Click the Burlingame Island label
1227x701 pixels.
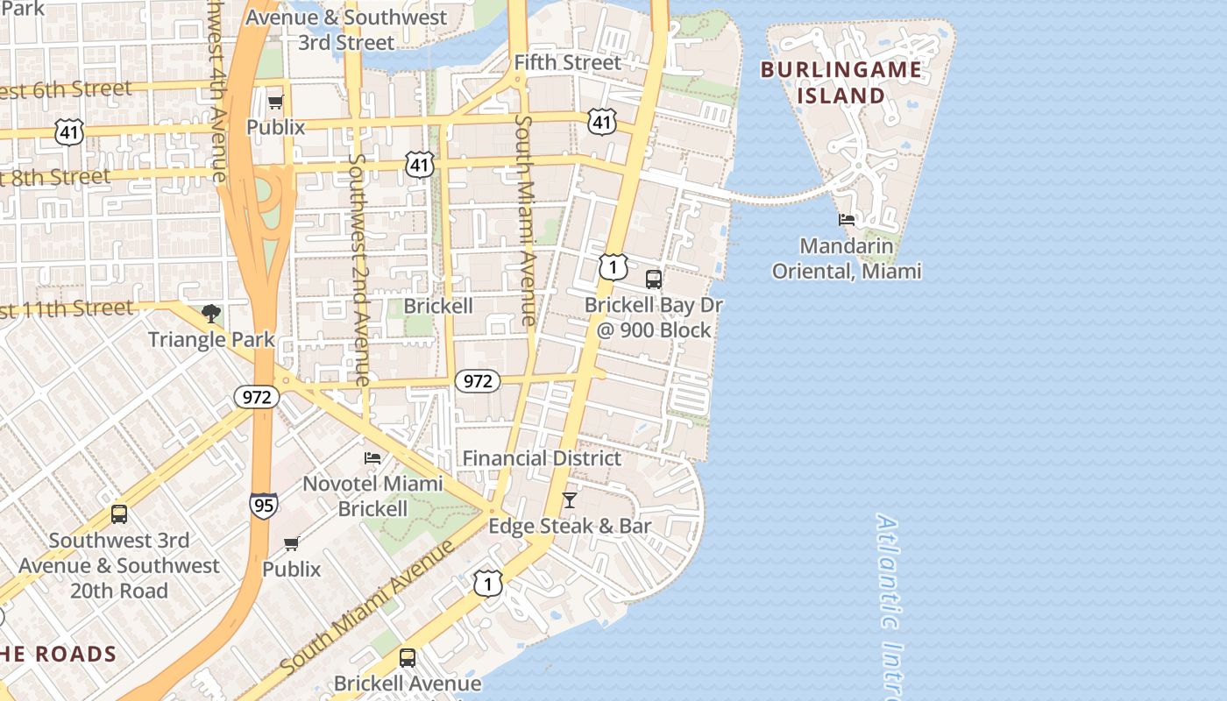pyautogui.click(x=840, y=82)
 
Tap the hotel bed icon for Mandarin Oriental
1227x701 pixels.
pyautogui.click(x=847, y=219)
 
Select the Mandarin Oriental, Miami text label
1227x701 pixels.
pyautogui.click(x=847, y=258)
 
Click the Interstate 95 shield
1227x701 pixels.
pyautogui.click(x=264, y=504)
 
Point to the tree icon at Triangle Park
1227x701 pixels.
pyautogui.click(x=210, y=313)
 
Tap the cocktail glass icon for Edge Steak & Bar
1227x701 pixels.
pyautogui.click(x=570, y=500)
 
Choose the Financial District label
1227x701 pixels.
pyautogui.click(x=542, y=458)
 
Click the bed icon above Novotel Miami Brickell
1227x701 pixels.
pyautogui.click(x=372, y=457)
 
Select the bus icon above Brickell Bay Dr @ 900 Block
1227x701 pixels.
pyautogui.click(x=654, y=280)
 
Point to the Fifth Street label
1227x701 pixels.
pyautogui.click(x=567, y=62)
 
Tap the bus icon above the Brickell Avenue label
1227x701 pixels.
pyautogui.click(x=408, y=657)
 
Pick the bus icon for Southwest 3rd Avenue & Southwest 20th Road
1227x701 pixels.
pyautogui.click(x=119, y=514)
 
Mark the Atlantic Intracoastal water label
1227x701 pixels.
pyautogui.click(x=890, y=605)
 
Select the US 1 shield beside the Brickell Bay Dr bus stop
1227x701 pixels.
pyautogui.click(x=613, y=267)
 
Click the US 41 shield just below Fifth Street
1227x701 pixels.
pyautogui.click(x=601, y=121)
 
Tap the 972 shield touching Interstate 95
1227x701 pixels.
pyautogui.click(x=257, y=397)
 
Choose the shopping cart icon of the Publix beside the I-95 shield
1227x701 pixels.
pyautogui.click(x=292, y=543)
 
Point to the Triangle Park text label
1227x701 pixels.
pyautogui.click(x=211, y=339)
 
